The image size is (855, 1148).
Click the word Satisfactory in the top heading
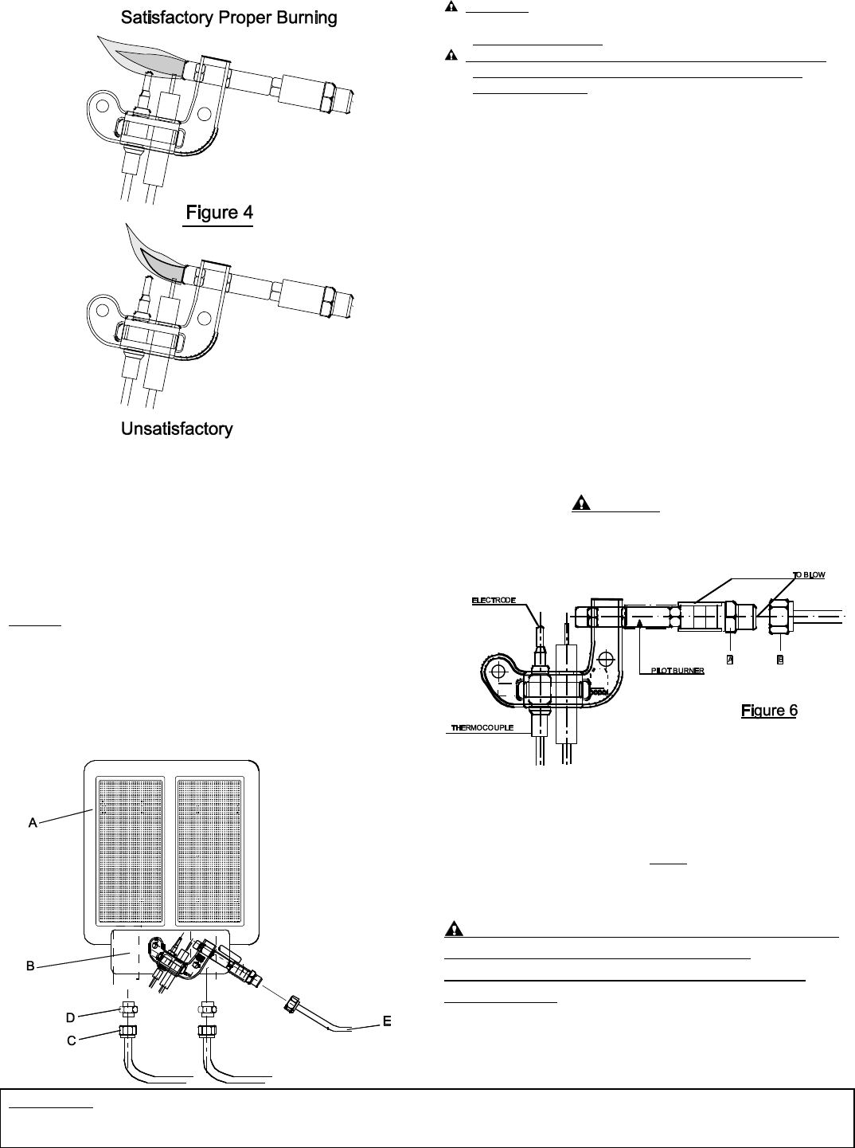point(167,18)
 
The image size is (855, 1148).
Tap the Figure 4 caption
point(220,213)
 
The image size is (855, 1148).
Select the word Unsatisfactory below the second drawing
point(177,429)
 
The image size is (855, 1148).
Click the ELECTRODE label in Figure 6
point(494,601)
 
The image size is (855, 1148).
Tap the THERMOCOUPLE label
point(482,727)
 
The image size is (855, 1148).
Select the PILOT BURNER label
point(677,671)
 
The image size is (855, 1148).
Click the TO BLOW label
point(809,574)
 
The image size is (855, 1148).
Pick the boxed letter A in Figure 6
point(730,660)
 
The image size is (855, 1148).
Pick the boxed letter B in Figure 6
point(780,660)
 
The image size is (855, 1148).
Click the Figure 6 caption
point(769,711)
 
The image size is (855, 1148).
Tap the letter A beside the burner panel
point(33,823)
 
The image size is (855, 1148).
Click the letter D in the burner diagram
point(71,1017)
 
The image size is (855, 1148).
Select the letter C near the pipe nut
point(72,1040)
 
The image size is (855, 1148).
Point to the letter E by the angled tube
point(387,1021)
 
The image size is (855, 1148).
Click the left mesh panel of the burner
point(130,851)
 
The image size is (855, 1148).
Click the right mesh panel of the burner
point(209,851)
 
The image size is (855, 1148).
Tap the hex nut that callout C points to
point(127,1032)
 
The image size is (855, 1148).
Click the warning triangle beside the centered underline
point(581,503)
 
